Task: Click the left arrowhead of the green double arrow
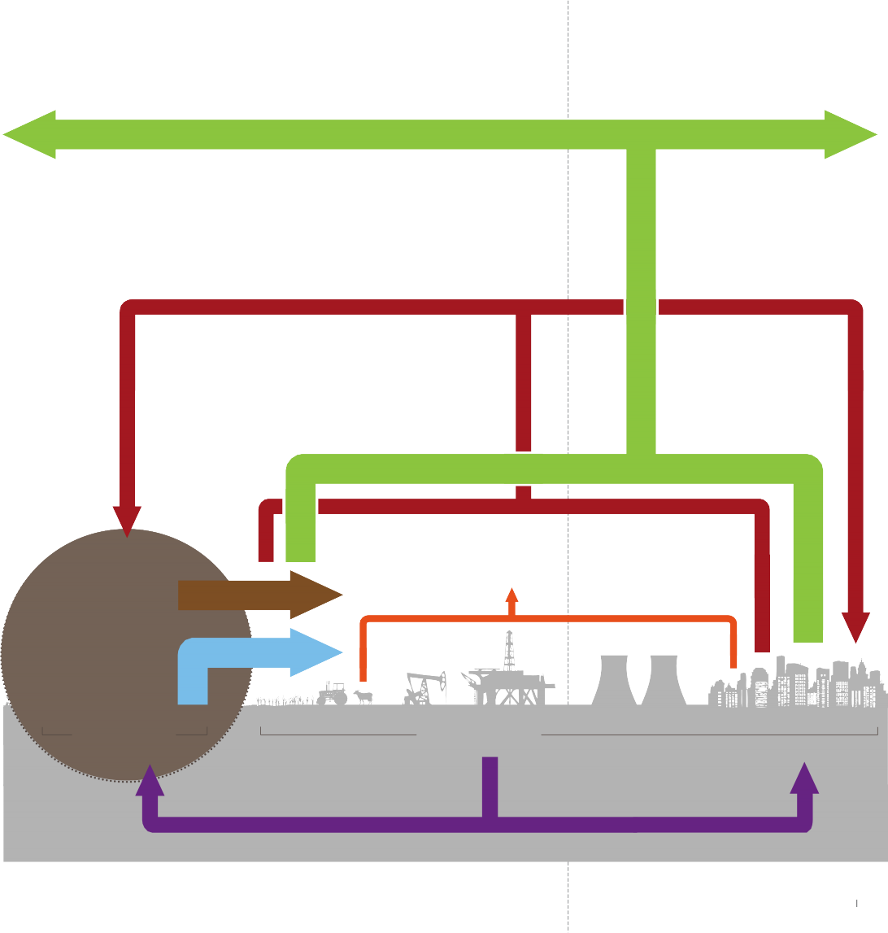(29, 134)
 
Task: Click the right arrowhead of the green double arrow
(851, 134)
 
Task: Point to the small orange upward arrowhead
(511, 594)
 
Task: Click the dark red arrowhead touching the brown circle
(127, 521)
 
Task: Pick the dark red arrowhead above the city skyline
(855, 627)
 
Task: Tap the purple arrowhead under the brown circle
(150, 781)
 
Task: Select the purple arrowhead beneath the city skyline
(804, 779)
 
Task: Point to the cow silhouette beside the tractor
(363, 696)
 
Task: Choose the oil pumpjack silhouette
(424, 688)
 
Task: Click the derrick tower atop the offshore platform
(509, 649)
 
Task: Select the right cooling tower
(664, 680)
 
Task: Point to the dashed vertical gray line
(568, 244)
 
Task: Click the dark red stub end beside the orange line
(762, 647)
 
